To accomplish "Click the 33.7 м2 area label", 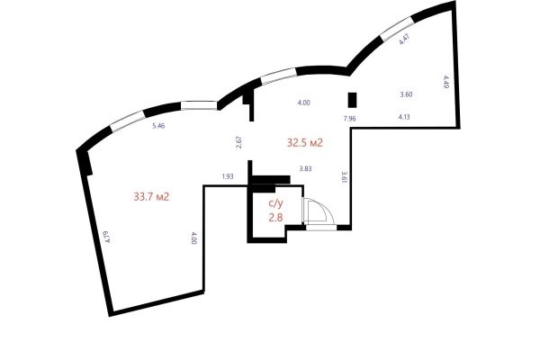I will (x=152, y=195).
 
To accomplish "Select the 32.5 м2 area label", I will (x=305, y=142).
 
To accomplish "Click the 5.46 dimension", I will (x=159, y=126).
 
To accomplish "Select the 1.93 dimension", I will (x=227, y=176).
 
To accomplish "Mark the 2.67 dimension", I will (x=238, y=141).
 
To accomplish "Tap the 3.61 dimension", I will (x=344, y=176).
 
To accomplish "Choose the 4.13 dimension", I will (x=405, y=117).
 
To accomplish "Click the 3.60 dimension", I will (x=405, y=94).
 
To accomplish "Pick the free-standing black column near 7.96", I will (x=353, y=100).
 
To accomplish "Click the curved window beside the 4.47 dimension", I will (x=394, y=31).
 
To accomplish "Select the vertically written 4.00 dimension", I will (x=193, y=238).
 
